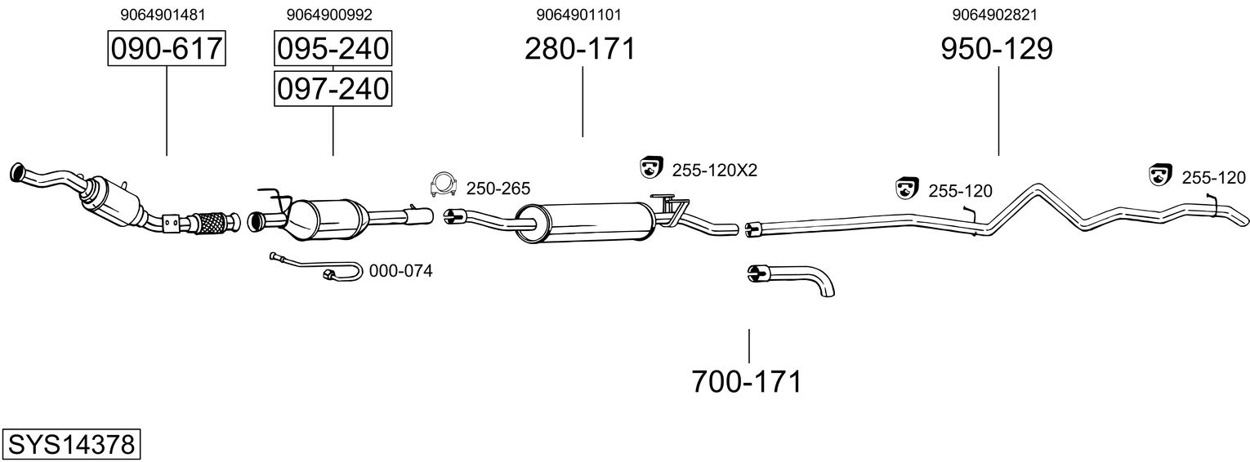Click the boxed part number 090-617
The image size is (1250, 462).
pos(167,49)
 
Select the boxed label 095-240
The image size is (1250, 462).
pos(333,49)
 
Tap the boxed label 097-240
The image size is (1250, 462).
pos(333,88)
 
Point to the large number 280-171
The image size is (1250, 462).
pos(580,49)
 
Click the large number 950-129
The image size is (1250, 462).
pos(997,49)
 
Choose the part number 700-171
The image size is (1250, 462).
pos(747,381)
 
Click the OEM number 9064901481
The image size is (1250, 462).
pos(162,14)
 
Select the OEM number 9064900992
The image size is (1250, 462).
pos(329,14)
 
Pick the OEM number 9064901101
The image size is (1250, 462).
pos(583,14)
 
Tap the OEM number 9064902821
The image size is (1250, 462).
pos(995,14)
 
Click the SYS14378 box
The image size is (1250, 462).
pos(71,445)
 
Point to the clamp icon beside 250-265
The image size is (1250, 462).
pos(442,186)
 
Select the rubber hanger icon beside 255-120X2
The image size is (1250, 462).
pos(650,167)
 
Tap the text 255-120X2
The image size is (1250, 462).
pos(715,171)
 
